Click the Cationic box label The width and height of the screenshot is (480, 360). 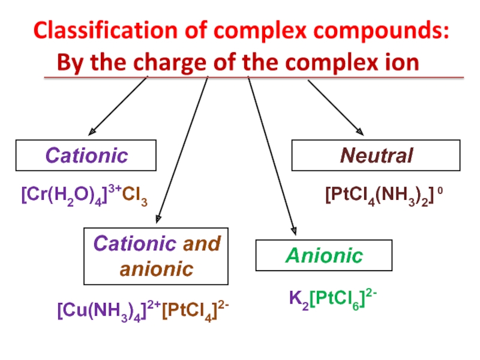pyautogui.click(x=87, y=155)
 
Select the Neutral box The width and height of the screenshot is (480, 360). pyautogui.click(x=376, y=156)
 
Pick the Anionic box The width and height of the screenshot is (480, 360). pyautogui.click(x=324, y=256)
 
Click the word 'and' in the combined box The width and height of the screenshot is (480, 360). pyautogui.click(x=202, y=244)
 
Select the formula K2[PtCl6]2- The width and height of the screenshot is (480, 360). pyautogui.click(x=333, y=296)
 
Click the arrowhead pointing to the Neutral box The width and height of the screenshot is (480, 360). pyautogui.click(x=359, y=131)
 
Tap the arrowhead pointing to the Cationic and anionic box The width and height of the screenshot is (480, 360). pyautogui.click(x=158, y=218)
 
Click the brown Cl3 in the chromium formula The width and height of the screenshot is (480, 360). pyautogui.click(x=135, y=195)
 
